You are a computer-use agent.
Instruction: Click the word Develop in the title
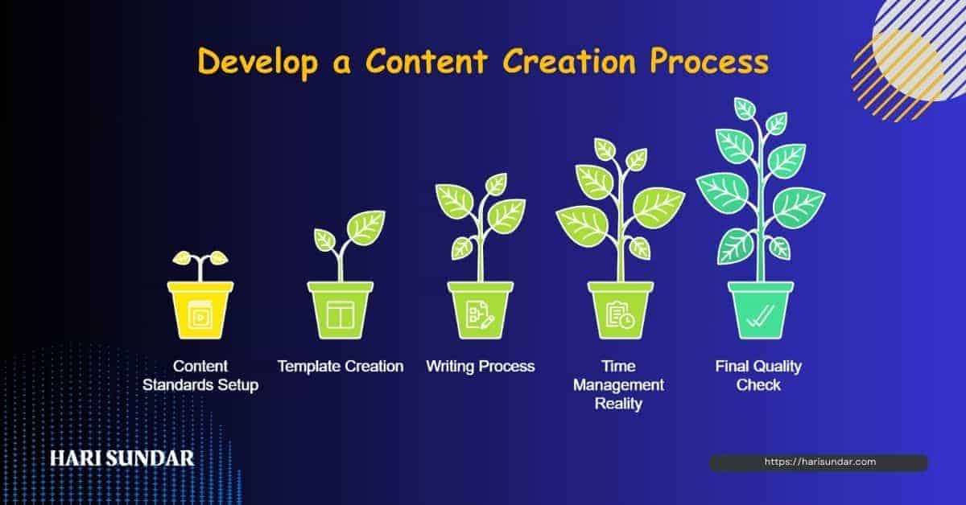(x=255, y=63)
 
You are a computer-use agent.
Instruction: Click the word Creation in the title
(x=582, y=63)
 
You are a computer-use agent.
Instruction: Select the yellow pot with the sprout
(x=200, y=310)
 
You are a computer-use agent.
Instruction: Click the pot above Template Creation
(x=341, y=310)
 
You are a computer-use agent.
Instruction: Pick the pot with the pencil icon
(x=481, y=310)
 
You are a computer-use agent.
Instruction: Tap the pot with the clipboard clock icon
(x=620, y=310)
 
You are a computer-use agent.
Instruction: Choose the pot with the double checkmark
(x=760, y=310)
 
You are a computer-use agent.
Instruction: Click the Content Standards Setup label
(x=200, y=376)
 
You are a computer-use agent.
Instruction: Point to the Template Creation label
(x=341, y=367)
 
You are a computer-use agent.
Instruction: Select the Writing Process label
(x=481, y=367)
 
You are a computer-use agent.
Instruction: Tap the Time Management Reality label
(x=618, y=385)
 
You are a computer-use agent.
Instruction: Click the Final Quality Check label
(x=759, y=376)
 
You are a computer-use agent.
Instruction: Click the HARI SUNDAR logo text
(x=122, y=458)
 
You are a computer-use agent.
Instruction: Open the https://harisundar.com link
(x=819, y=462)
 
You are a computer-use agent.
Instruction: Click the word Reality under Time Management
(x=618, y=404)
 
